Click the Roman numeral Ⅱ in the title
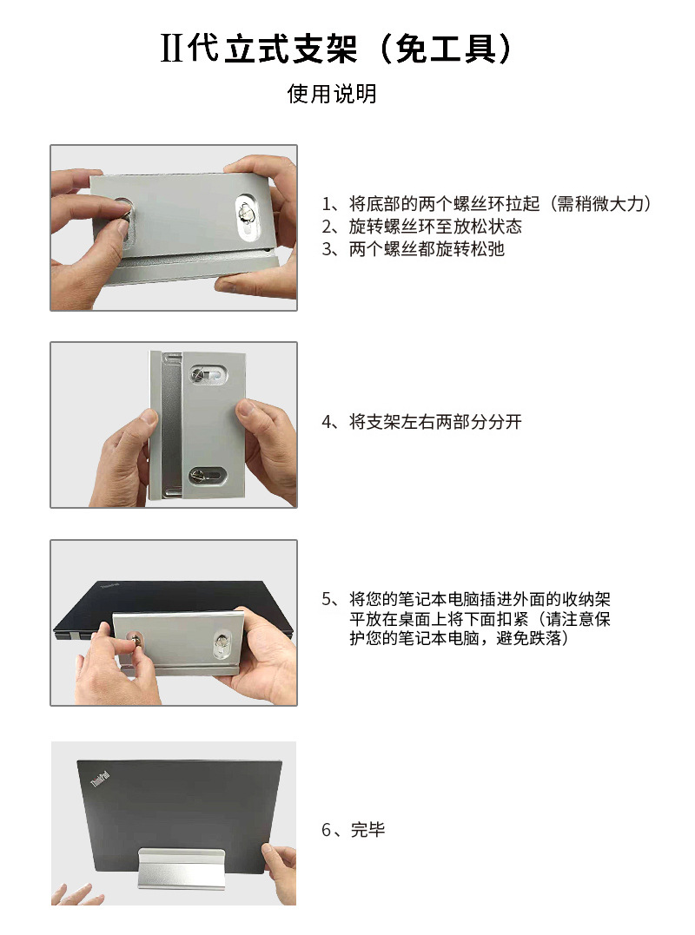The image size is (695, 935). click(172, 49)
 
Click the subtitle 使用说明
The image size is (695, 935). click(332, 94)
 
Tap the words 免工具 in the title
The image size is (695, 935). click(452, 49)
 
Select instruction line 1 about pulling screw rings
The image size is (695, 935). click(486, 204)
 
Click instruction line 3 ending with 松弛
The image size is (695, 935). click(413, 249)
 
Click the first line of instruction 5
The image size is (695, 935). click(472, 599)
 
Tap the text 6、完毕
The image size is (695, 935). click(353, 830)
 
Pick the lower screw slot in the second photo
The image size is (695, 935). click(206, 475)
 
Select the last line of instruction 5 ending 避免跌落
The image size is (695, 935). click(458, 639)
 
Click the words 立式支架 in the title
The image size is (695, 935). click(290, 49)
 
